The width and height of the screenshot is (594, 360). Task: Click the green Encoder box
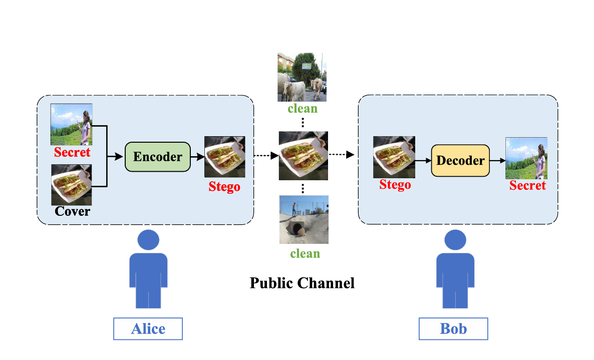tap(157, 157)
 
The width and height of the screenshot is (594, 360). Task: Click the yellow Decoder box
tap(460, 161)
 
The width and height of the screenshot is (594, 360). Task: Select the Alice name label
tap(148, 329)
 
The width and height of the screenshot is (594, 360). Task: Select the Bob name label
tap(453, 329)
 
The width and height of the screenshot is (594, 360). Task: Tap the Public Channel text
tap(302, 283)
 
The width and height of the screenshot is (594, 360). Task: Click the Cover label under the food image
tap(72, 211)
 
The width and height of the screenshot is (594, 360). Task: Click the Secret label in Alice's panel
tap(72, 153)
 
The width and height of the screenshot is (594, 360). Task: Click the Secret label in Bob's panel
tap(527, 186)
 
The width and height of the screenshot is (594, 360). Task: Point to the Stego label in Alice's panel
tap(224, 187)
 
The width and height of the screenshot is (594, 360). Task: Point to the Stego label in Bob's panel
tap(395, 185)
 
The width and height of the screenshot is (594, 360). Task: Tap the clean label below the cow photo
tap(303, 108)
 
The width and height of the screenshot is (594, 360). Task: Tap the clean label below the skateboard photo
tap(305, 253)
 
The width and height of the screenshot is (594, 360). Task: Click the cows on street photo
tap(302, 77)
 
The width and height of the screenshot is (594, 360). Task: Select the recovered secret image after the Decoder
tap(526, 158)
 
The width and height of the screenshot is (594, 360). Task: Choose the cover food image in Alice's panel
tap(72, 185)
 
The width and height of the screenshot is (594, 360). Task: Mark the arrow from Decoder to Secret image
tap(497, 161)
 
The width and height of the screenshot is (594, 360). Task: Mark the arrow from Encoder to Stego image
tap(197, 157)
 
